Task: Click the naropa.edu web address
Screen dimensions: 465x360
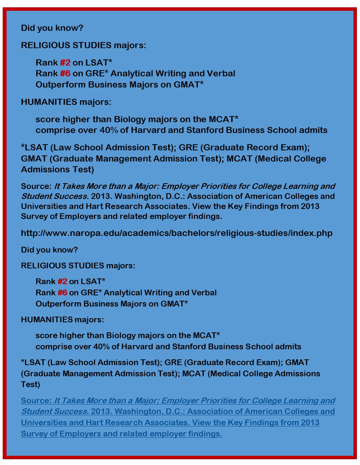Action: click(x=176, y=233)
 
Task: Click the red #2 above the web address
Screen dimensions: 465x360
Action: click(x=65, y=62)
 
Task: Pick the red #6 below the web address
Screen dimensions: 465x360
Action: click(x=62, y=293)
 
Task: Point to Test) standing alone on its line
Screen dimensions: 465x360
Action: click(x=30, y=384)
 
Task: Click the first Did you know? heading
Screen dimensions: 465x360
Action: click(x=52, y=28)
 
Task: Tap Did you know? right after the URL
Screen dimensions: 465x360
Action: click(x=49, y=250)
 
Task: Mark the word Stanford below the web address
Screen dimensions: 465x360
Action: click(x=190, y=347)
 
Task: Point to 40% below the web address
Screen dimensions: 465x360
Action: click(x=101, y=347)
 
